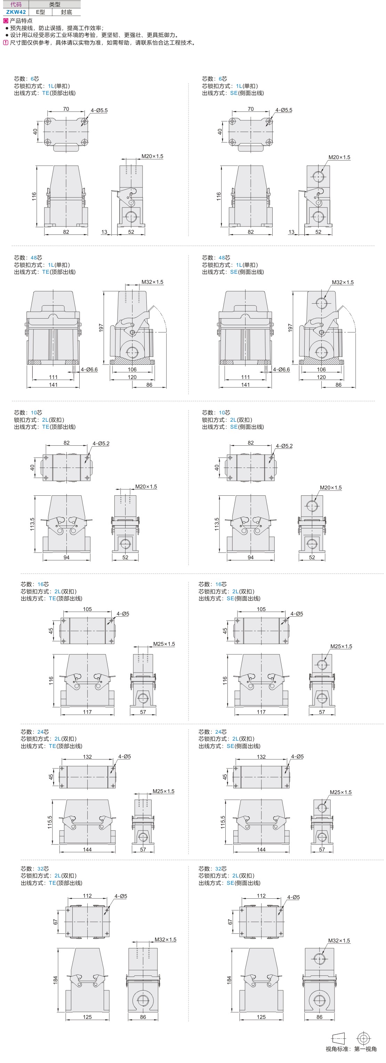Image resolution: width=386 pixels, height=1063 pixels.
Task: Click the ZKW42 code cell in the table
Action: click(16, 12)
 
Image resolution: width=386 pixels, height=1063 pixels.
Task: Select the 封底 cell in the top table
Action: click(66, 12)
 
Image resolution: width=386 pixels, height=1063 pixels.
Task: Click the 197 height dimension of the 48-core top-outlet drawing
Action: click(101, 328)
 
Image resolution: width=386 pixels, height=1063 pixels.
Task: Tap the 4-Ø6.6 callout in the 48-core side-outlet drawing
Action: click(281, 369)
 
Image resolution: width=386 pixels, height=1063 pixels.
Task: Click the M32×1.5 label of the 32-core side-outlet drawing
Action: click(338, 940)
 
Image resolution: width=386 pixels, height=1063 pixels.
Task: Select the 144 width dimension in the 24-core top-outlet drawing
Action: click(87, 849)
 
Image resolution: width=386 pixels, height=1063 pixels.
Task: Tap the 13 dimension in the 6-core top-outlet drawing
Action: click(104, 232)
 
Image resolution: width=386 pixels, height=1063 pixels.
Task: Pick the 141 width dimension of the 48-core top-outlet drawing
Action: click(53, 385)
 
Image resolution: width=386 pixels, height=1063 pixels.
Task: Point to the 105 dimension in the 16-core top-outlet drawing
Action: click(87, 609)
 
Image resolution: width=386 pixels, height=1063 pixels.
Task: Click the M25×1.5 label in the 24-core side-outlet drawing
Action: click(340, 792)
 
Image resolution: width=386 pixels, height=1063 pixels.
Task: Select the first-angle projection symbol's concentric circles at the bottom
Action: click(363, 1038)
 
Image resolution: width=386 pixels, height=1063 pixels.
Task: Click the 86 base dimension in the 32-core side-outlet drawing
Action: click(319, 1017)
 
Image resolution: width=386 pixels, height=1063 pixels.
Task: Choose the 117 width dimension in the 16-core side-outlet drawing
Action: click(261, 712)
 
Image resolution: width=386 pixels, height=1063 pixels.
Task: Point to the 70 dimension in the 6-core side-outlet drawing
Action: click(250, 109)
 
